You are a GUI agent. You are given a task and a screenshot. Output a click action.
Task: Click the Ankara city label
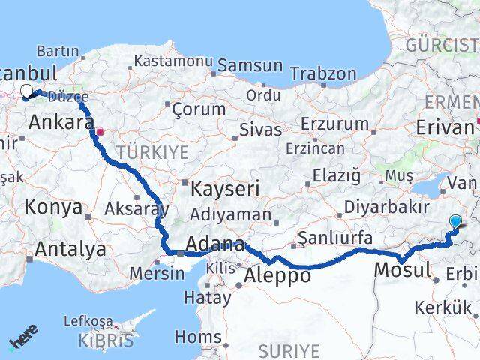[x=56, y=121]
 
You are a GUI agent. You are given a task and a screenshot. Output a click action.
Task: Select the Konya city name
[x=53, y=208]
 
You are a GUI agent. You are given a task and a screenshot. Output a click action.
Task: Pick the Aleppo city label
[x=277, y=276]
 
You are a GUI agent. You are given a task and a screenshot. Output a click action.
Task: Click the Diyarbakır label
[x=386, y=207]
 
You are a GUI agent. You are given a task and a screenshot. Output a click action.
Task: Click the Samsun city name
[x=250, y=66]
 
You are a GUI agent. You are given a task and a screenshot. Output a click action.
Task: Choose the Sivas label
[x=260, y=130]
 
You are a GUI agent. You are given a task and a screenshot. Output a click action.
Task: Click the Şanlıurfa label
[x=335, y=238]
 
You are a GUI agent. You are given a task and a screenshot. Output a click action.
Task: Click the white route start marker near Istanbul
[x=27, y=91]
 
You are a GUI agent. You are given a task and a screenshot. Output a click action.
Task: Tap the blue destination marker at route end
[x=457, y=221]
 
